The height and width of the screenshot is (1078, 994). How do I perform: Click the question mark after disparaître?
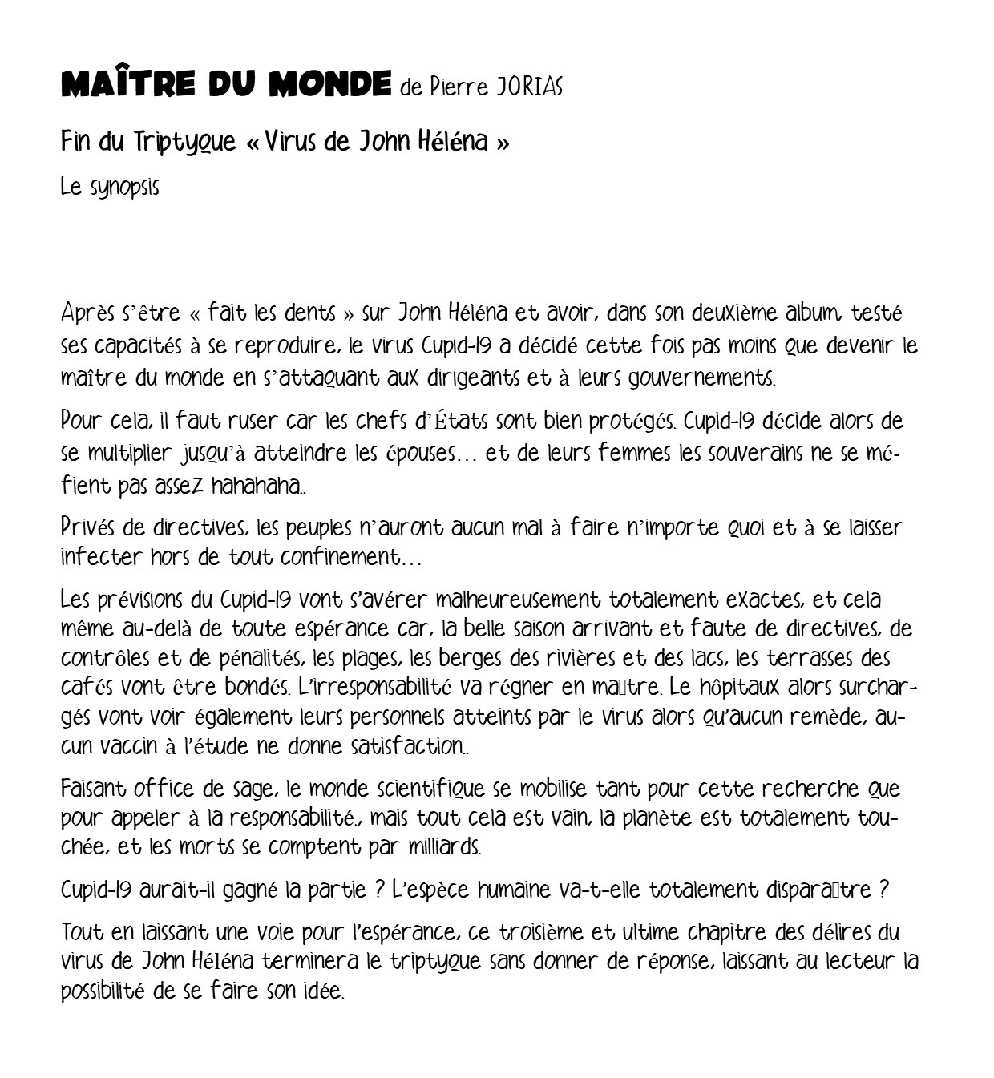(883, 890)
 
